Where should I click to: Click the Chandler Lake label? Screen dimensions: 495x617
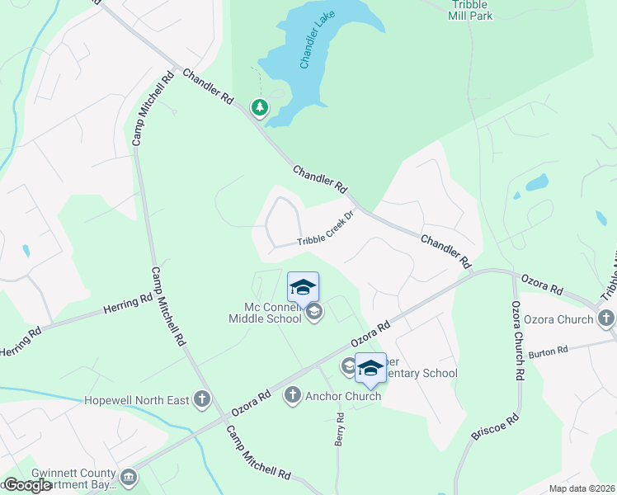(x=316, y=47)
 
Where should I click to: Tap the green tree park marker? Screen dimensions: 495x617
(x=260, y=107)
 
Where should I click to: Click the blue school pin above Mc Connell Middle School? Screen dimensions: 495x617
(x=303, y=287)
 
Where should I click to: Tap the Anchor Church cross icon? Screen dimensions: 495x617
(x=291, y=396)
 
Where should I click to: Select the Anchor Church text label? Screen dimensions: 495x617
(x=343, y=396)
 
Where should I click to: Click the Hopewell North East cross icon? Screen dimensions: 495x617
(x=202, y=400)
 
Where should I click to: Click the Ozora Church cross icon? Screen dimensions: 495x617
(x=606, y=318)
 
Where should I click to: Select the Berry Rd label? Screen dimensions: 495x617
(x=339, y=430)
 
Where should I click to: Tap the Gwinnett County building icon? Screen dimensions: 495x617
(x=129, y=477)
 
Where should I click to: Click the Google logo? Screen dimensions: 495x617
(x=27, y=485)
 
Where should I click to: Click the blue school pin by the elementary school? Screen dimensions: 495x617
(x=370, y=367)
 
